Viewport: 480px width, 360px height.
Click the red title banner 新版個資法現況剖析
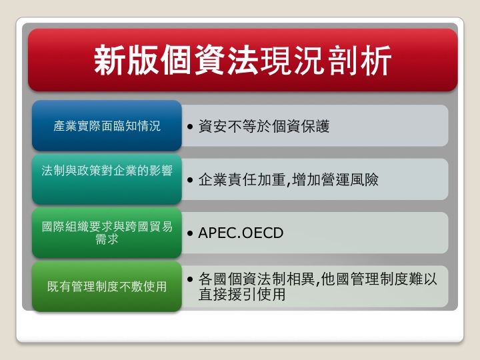click(x=243, y=60)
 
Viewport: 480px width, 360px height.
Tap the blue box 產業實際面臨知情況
click(x=107, y=125)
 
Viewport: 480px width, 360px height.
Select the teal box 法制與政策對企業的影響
click(x=107, y=179)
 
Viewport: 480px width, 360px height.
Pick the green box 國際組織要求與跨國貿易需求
click(x=107, y=233)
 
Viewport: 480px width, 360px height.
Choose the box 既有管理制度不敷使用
click(x=107, y=286)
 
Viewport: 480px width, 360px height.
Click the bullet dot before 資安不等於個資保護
click(x=190, y=127)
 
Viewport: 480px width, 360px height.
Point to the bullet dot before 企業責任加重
click(x=190, y=180)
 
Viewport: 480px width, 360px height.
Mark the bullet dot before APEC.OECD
click(x=190, y=233)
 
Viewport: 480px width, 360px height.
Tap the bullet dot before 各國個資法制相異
click(x=190, y=279)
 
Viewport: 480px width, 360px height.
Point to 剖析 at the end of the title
click(x=359, y=60)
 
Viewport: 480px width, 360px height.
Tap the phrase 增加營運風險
click(x=335, y=180)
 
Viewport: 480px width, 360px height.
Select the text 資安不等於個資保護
click(x=264, y=126)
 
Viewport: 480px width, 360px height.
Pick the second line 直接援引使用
click(x=242, y=295)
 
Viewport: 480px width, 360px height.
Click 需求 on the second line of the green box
click(x=107, y=239)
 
